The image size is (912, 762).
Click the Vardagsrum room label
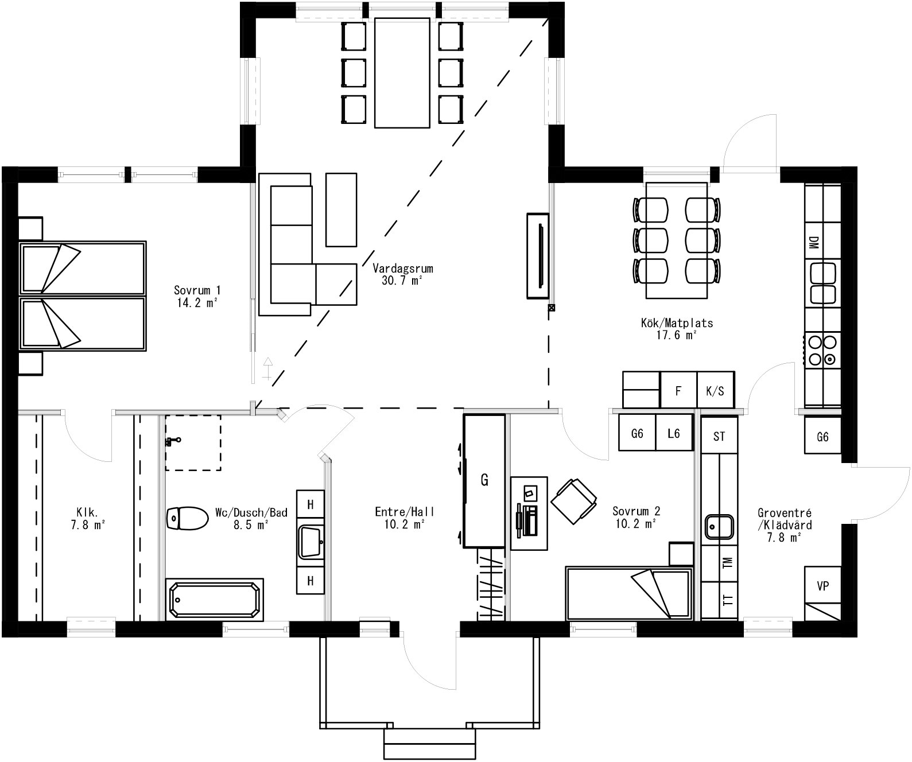(402, 269)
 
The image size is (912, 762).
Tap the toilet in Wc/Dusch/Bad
(187, 518)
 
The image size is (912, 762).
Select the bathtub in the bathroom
(215, 600)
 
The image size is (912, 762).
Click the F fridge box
(678, 391)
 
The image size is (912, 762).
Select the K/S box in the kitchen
(715, 391)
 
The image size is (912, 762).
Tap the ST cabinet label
(719, 437)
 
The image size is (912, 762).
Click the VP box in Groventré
(822, 586)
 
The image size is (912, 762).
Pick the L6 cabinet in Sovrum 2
(673, 434)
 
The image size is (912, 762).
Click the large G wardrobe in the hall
(484, 480)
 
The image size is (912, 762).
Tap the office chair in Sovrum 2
(573, 500)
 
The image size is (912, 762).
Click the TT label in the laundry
(728, 600)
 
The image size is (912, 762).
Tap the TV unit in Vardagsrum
(538, 255)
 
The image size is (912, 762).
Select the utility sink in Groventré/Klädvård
(719, 527)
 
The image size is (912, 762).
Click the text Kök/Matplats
(677, 323)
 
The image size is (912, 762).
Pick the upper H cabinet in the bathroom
(311, 504)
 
